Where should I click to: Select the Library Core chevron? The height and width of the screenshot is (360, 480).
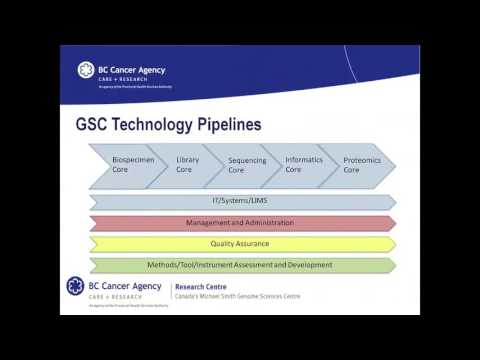tap(186, 165)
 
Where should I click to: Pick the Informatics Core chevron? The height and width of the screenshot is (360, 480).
tap(301, 165)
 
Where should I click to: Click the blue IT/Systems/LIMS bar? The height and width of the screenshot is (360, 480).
tap(242, 201)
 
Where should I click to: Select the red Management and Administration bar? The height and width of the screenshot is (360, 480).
tap(242, 222)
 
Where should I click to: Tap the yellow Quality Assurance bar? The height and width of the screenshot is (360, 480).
tap(242, 243)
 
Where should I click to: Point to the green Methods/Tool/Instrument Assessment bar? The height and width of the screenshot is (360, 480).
tap(242, 265)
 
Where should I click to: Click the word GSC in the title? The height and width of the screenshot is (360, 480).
tap(96, 126)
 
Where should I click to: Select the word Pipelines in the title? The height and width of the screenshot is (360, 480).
tap(232, 126)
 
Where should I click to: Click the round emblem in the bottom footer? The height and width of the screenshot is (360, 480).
tap(76, 287)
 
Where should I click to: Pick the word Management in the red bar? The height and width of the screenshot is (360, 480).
tap(207, 222)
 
